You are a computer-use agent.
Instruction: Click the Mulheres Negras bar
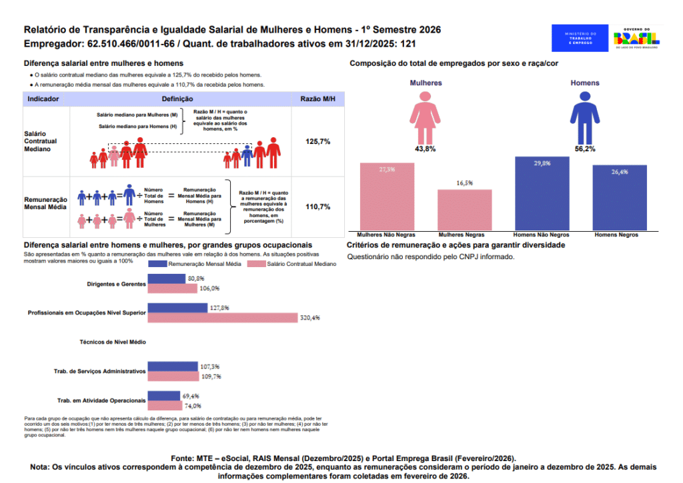click(464, 210)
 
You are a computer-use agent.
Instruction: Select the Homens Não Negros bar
click(542, 194)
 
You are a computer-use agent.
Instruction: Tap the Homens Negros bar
click(620, 198)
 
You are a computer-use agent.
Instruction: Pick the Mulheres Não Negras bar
click(387, 197)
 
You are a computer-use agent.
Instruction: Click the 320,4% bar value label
click(311, 318)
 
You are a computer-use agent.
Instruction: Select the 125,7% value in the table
click(317, 142)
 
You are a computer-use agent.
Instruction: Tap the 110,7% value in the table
click(317, 207)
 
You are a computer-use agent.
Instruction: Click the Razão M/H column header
click(317, 99)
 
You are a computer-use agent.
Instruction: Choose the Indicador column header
click(43, 99)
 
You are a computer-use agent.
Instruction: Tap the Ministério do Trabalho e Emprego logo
click(580, 38)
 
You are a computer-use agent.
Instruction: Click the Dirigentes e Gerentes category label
click(116, 284)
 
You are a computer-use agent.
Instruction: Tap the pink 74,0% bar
click(165, 405)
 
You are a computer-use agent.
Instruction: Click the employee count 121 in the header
click(408, 45)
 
